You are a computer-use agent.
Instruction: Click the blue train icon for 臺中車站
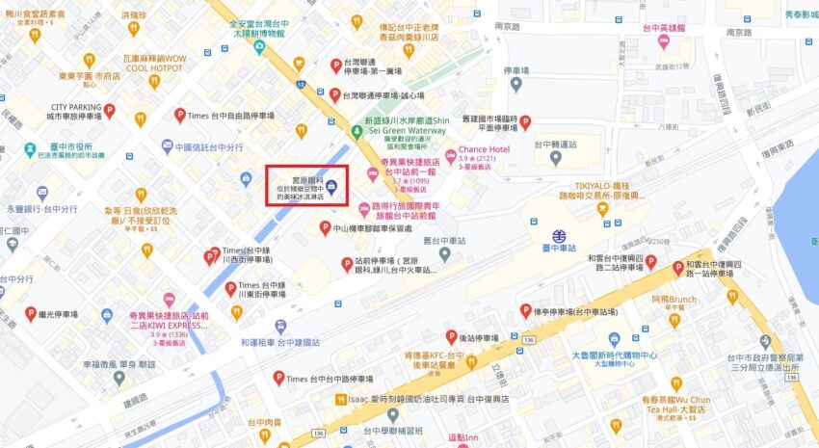click(x=559, y=236)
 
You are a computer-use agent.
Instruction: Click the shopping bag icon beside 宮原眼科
click(x=331, y=187)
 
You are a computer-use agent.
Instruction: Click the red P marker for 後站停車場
click(x=451, y=337)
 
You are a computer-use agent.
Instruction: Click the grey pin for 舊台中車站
click(x=444, y=253)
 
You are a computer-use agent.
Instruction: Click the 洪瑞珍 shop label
click(x=135, y=15)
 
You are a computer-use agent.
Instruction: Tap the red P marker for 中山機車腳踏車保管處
click(x=326, y=228)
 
